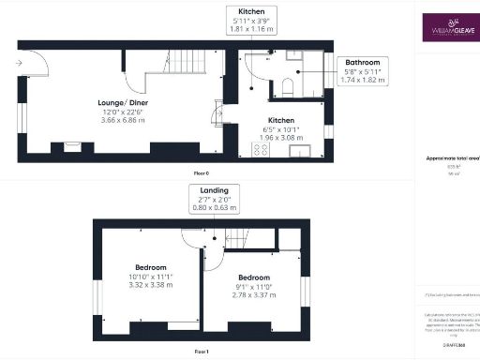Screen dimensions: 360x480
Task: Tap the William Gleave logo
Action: click(447, 28)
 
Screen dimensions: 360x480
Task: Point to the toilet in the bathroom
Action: click(289, 87)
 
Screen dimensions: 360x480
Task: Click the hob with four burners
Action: click(260, 148)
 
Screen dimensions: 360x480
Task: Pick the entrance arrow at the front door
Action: click(20, 64)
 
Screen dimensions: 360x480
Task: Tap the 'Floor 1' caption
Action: click(201, 351)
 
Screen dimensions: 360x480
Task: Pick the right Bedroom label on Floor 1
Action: click(254, 277)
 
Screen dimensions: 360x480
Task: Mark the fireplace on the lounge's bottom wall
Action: click(72, 146)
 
